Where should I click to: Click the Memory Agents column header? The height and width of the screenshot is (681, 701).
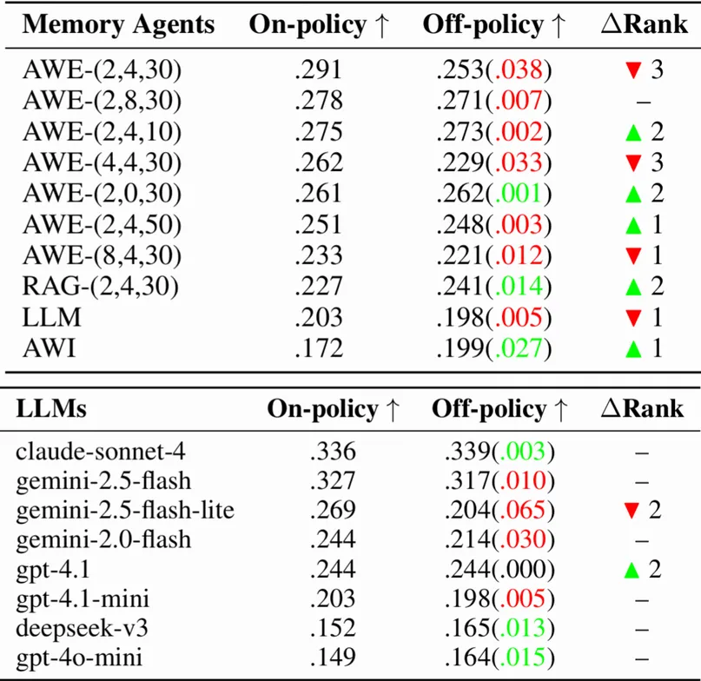tap(118, 25)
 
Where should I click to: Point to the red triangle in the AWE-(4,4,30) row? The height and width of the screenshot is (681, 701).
tap(632, 163)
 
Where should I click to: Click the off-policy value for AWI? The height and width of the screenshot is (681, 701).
tap(493, 349)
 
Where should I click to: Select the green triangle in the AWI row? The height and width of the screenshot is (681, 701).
tap(632, 349)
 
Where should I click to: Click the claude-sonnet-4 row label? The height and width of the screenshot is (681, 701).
tap(101, 452)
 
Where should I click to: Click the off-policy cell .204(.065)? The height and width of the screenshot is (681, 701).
tap(499, 510)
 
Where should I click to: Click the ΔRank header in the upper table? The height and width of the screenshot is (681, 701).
tap(644, 25)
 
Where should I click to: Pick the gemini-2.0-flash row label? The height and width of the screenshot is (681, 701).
tap(104, 539)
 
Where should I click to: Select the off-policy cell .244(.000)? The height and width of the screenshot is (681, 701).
tap(499, 569)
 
